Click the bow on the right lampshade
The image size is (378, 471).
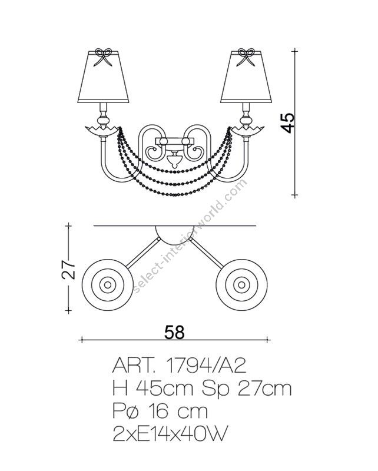(x=245, y=57)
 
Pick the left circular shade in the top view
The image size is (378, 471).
(x=108, y=286)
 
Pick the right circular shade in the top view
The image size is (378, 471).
(x=241, y=286)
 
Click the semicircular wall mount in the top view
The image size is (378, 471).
(x=174, y=234)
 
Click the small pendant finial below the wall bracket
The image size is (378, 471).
(x=174, y=159)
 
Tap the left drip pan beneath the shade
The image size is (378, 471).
(x=101, y=128)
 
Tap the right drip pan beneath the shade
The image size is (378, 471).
(x=246, y=128)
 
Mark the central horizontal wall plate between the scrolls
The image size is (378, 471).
(x=174, y=141)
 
